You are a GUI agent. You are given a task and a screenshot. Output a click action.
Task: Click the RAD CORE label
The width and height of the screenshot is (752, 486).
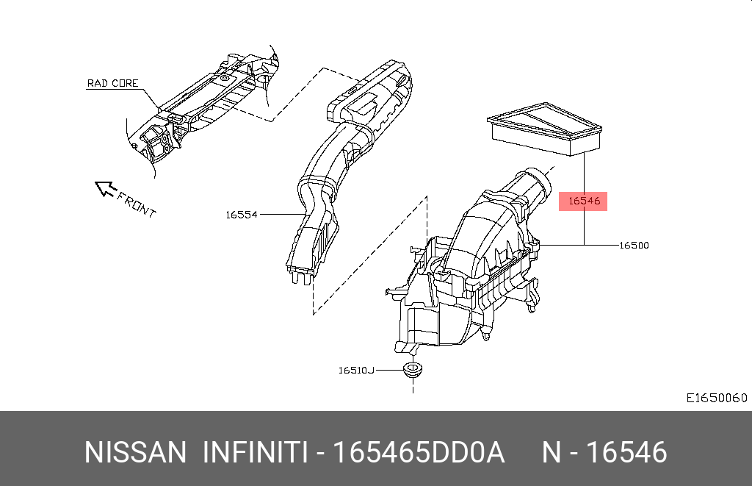(112, 83)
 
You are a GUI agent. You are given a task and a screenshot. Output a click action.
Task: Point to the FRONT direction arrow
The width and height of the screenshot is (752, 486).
(106, 188)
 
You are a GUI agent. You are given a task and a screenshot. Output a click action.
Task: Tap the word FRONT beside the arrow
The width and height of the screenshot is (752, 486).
(137, 204)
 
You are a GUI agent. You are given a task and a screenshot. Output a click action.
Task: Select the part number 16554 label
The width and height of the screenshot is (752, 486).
(242, 215)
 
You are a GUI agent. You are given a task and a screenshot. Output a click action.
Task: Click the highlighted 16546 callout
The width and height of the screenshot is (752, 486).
(583, 201)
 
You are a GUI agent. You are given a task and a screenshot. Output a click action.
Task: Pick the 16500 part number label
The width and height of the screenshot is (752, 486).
(634, 246)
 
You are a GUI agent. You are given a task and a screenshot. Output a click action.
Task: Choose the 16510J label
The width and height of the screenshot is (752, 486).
(356, 371)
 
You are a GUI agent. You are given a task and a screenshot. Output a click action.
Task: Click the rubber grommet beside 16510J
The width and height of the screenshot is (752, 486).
(413, 370)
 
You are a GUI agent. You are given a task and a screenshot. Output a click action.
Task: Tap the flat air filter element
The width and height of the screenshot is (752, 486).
(544, 128)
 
